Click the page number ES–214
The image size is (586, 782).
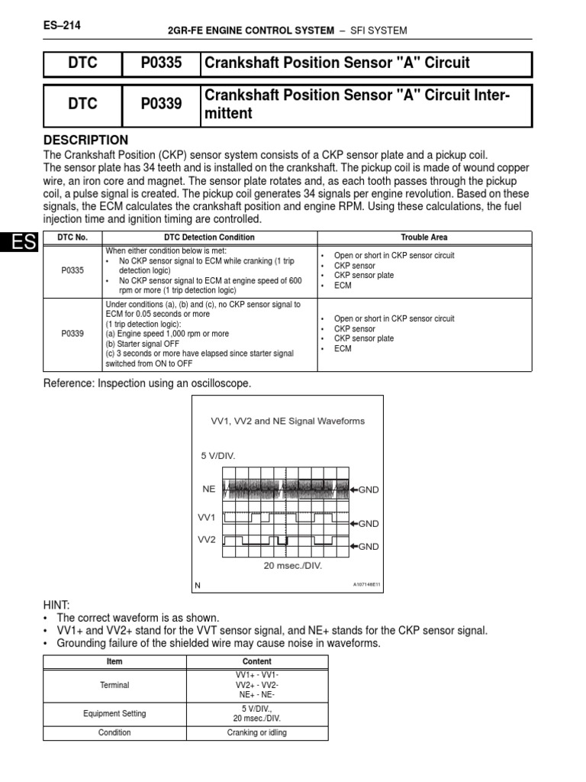coord(63,26)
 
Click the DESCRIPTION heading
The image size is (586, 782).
coord(86,141)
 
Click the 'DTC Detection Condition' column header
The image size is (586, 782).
coord(208,238)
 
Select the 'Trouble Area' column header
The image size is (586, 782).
coord(424,238)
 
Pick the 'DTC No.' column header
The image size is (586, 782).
coord(72,238)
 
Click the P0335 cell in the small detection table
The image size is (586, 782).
coord(72,270)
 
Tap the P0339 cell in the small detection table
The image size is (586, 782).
coord(72,333)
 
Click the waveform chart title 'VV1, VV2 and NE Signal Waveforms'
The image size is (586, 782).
coord(287,421)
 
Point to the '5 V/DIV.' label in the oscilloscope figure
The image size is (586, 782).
coord(219,456)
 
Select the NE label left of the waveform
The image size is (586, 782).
coord(208,488)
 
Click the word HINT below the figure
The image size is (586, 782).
coord(57,604)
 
